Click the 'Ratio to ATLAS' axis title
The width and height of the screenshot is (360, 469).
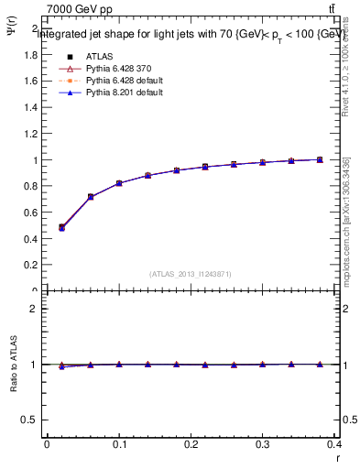pos(11,365)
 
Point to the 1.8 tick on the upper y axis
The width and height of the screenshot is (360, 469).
pos(31,54)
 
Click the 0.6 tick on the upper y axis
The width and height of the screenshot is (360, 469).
pos(31,213)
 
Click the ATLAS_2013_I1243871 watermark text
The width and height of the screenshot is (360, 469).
pos(190,274)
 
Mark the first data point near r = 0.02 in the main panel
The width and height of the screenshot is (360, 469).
pos(61,227)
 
